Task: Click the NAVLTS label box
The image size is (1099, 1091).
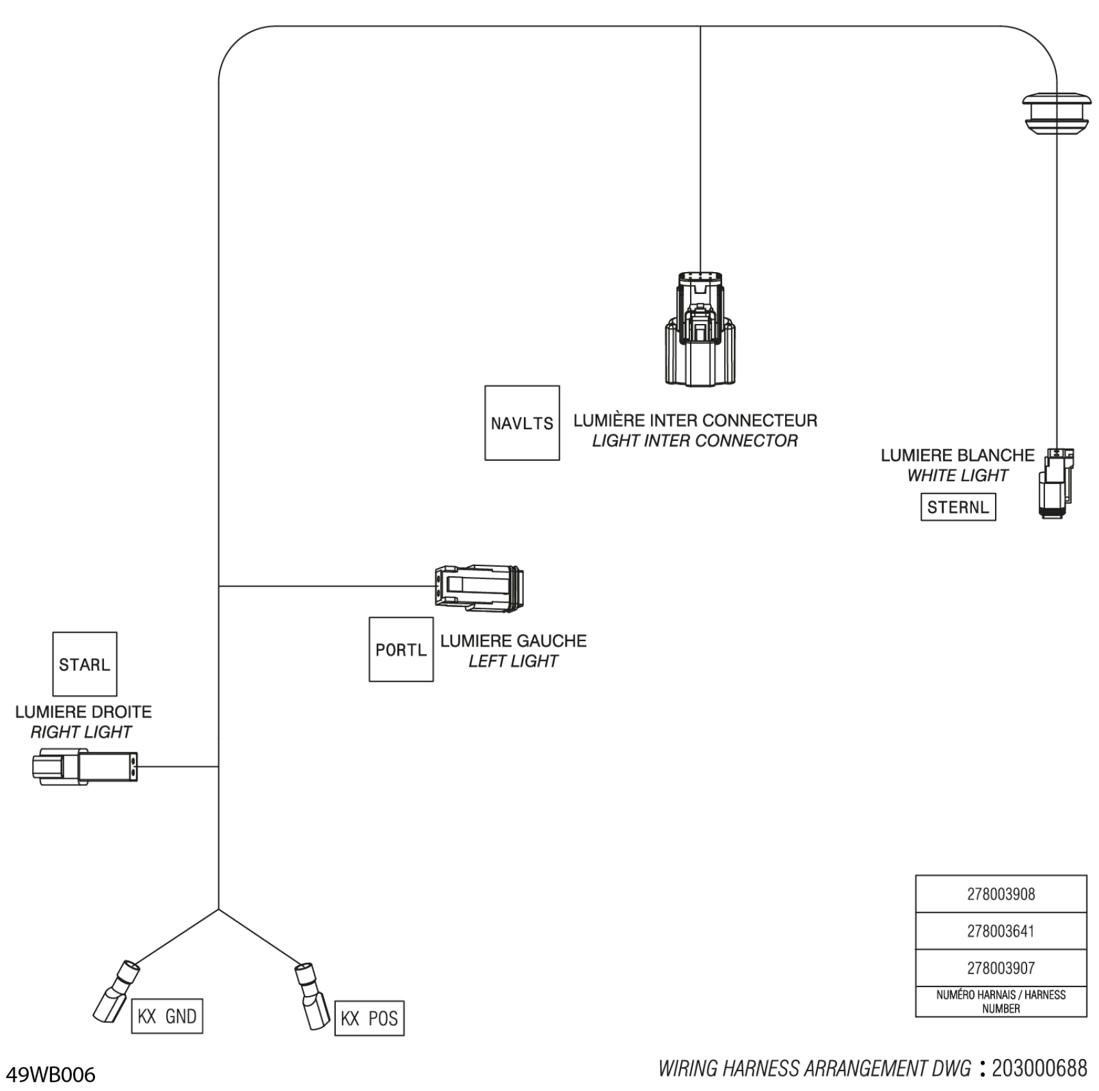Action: pos(522,423)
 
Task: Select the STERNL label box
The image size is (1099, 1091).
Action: pos(958,507)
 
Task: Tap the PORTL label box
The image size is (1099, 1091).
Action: pos(401,649)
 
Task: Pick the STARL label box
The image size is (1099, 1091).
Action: pos(85,664)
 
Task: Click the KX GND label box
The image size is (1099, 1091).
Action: pos(167,1016)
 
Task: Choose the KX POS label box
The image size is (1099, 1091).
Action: pos(369,1018)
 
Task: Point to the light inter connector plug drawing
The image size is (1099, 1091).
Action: pos(700,329)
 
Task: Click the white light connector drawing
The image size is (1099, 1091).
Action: pos(1056,483)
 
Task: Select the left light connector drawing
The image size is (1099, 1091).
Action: pos(479,588)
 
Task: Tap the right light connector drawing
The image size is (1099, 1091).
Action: pos(85,766)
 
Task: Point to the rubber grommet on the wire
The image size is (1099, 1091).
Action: pos(1057,114)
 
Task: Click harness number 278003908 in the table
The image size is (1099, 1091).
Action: pos(1001,894)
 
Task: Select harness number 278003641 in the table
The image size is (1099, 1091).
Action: pos(1001,931)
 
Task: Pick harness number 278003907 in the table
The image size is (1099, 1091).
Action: pos(1001,968)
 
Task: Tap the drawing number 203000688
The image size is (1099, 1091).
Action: pos(1039,1068)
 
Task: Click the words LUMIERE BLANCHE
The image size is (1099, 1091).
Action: pos(957,455)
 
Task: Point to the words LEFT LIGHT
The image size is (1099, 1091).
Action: pos(513,661)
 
